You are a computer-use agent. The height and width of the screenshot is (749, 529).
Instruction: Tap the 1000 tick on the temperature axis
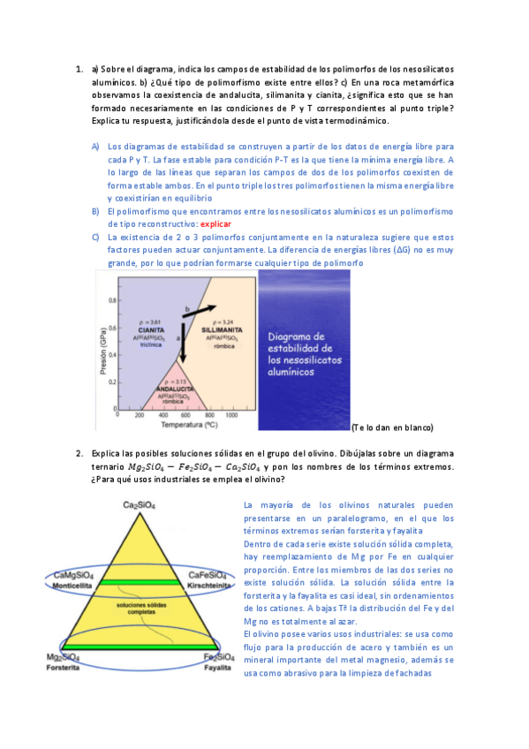[232, 414]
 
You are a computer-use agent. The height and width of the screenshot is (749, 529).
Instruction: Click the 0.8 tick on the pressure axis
[112, 300]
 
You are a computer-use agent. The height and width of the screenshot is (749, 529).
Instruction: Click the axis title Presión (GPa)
[102, 348]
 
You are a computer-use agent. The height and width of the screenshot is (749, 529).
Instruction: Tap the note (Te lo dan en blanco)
[391, 427]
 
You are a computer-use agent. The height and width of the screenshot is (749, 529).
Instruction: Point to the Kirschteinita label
[211, 584]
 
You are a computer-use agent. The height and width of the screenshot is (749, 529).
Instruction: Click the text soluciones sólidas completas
[136, 610]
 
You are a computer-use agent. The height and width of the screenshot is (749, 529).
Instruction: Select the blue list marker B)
[95, 211]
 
